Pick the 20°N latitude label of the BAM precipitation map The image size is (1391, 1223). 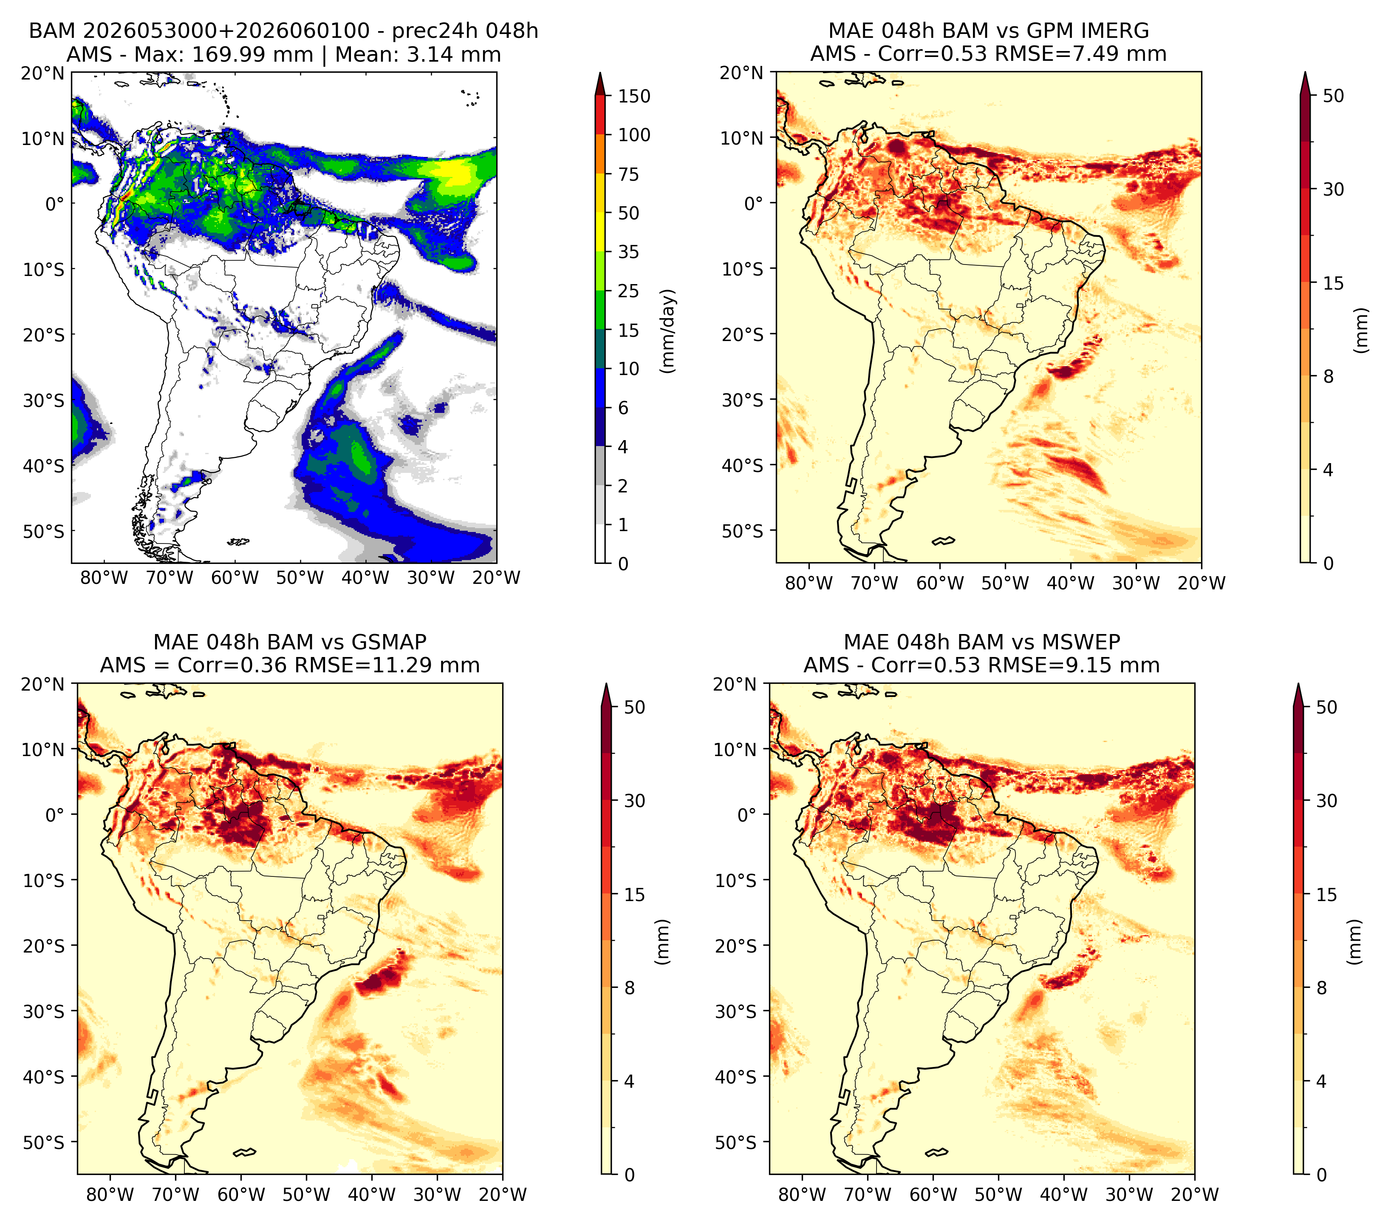[43, 73]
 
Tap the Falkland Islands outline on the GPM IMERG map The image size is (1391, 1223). [943, 540]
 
